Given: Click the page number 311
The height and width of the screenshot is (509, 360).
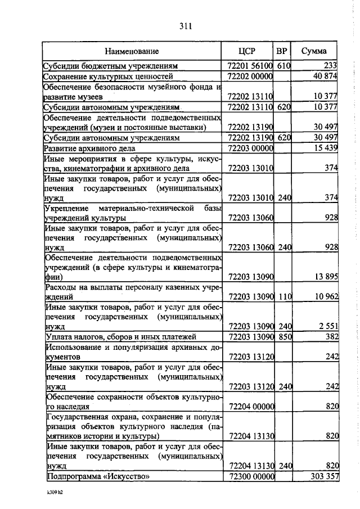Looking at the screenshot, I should tap(186, 25).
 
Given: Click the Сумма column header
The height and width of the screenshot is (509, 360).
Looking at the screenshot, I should tap(313, 51).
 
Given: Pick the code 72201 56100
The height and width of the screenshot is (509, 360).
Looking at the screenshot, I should tap(250, 66).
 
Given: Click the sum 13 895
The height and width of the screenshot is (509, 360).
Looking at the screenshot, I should tap(325, 276).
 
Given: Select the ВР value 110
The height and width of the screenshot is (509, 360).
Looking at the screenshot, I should tap(282, 296).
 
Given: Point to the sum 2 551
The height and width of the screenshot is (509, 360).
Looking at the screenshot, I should tap(326, 326).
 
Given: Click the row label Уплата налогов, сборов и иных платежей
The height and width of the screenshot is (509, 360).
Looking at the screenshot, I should tap(119, 337).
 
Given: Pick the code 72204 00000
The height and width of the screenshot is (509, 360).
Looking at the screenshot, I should tap(250, 406).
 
